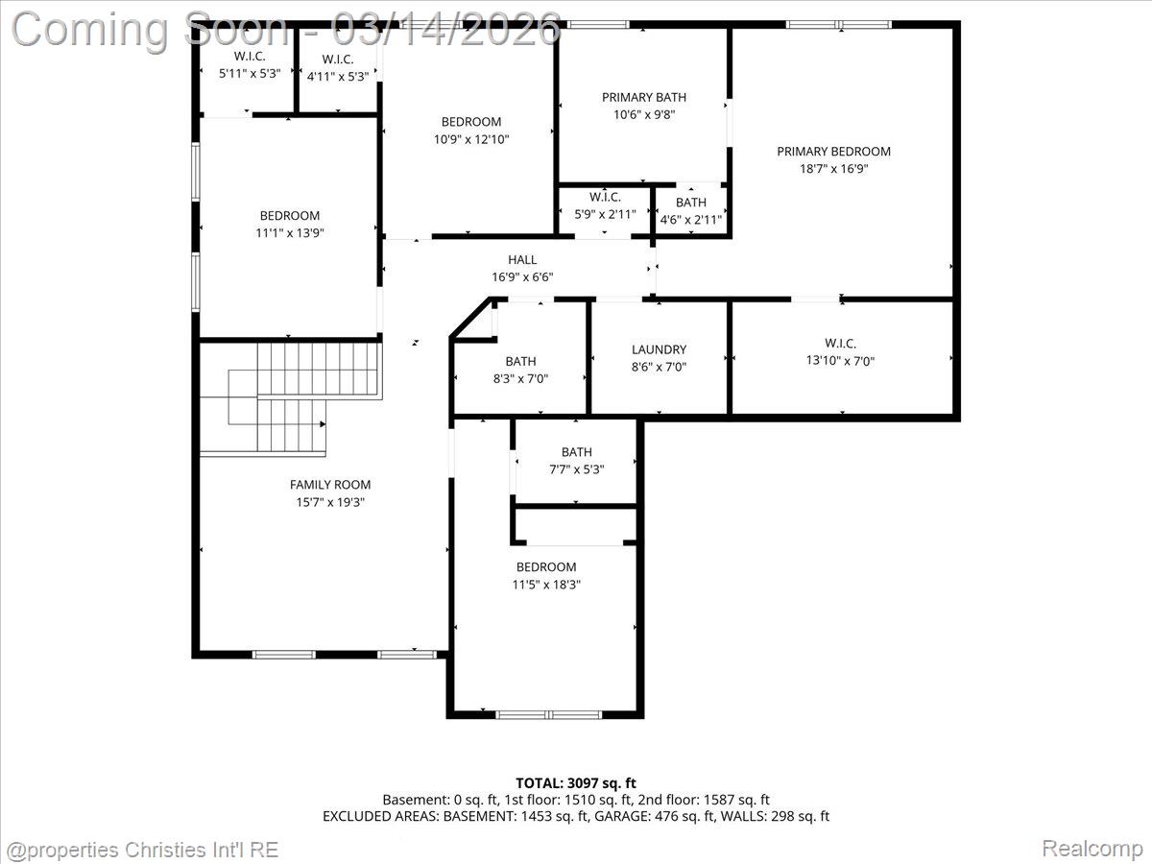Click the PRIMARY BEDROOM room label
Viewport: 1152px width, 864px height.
pyautogui.click(x=833, y=152)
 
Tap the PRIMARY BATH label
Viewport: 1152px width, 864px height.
pyautogui.click(x=643, y=97)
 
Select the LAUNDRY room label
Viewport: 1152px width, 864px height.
pyautogui.click(x=659, y=349)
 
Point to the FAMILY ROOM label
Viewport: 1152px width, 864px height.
pyautogui.click(x=330, y=485)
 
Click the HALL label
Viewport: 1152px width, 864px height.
pyautogui.click(x=522, y=260)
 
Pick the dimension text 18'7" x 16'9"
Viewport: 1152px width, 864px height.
pyautogui.click(x=833, y=169)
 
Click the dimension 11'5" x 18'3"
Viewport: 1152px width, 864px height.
pyautogui.click(x=546, y=584)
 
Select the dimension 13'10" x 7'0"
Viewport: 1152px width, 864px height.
pyautogui.click(x=840, y=361)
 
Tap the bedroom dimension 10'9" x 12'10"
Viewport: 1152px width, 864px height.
pyautogui.click(x=470, y=139)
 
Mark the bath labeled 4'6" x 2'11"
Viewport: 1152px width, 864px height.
pyautogui.click(x=690, y=210)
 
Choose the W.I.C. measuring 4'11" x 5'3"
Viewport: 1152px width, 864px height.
pyautogui.click(x=337, y=66)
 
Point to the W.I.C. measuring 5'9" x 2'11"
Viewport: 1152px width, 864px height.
pyautogui.click(x=604, y=205)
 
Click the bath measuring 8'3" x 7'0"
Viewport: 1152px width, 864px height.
pyautogui.click(x=520, y=370)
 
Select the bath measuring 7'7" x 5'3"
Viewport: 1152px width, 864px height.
pyautogui.click(x=576, y=461)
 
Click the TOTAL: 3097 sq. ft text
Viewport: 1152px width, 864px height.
pyautogui.click(x=576, y=783)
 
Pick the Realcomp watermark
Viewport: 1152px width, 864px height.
pyautogui.click(x=1092, y=849)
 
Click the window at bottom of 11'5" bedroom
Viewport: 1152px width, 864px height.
pyautogui.click(x=548, y=714)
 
